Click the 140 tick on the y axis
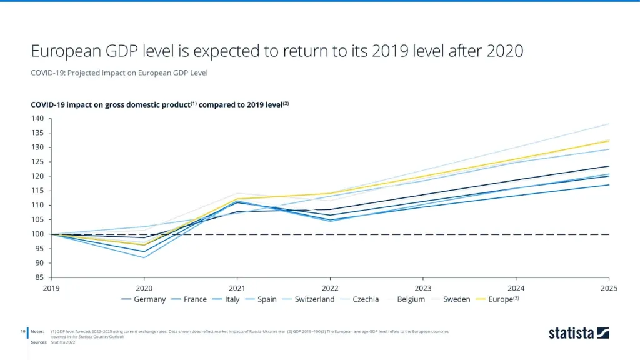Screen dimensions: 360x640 (38, 119)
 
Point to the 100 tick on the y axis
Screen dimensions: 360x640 (38, 234)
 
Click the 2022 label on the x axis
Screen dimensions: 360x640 (330, 288)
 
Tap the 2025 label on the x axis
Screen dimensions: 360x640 (609, 288)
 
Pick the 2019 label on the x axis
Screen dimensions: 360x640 (51, 288)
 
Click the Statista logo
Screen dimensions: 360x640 (579, 333)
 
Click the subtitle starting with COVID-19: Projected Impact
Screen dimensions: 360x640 (119, 73)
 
